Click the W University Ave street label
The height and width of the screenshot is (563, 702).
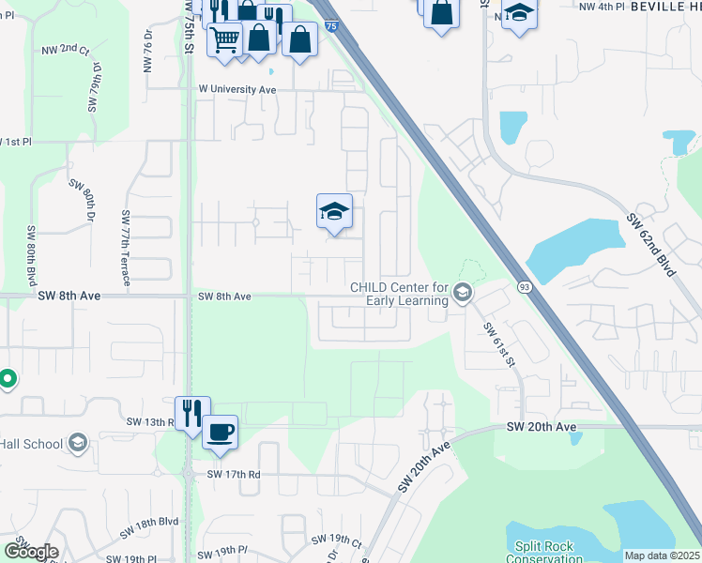237,90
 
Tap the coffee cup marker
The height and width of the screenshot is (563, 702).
220,433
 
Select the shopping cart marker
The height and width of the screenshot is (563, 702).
224,39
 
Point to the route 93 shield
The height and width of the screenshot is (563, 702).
524,284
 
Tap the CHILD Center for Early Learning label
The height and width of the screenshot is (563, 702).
399,294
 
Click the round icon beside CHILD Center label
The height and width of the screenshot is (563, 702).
462,294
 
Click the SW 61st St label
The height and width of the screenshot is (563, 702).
500,344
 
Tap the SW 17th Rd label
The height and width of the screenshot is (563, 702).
235,474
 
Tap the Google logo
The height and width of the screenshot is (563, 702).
31,552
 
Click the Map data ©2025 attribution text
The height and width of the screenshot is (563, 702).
662,555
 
